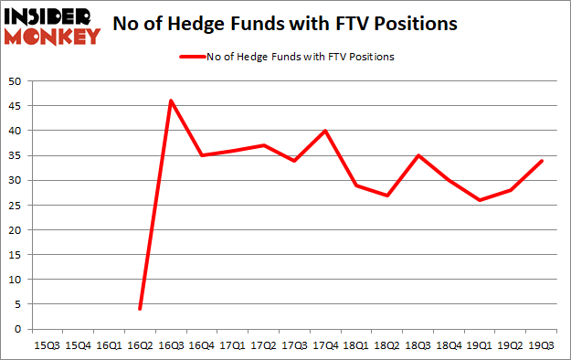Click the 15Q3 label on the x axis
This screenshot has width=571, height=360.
(x=47, y=344)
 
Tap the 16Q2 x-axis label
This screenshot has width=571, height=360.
(x=140, y=344)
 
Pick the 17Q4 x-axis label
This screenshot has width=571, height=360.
(x=325, y=344)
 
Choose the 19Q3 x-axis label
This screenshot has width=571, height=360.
(x=542, y=344)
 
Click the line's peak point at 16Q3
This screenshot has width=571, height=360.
(x=171, y=101)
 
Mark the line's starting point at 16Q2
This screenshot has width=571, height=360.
(x=140, y=309)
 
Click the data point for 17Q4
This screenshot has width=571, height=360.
(x=325, y=131)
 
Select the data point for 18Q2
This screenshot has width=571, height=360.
(x=387, y=196)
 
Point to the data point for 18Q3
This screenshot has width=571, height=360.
(x=418, y=155)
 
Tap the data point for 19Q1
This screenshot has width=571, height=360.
(x=481, y=200)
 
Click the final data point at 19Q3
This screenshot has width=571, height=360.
(x=542, y=161)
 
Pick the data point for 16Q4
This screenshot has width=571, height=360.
(x=202, y=155)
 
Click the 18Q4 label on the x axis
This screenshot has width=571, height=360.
(x=449, y=344)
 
